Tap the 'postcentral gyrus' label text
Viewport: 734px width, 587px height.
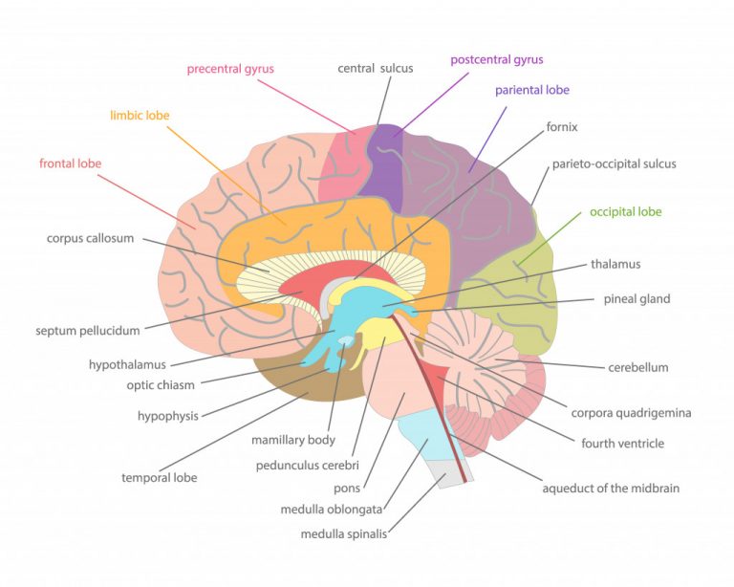point(496,59)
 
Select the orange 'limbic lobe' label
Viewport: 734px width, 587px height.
point(140,116)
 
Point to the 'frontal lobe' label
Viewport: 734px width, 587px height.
point(70,163)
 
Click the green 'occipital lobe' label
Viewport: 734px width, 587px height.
point(625,211)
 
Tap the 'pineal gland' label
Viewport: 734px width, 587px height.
point(637,298)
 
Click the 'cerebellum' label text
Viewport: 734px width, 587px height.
point(637,367)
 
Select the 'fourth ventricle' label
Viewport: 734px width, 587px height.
point(622,444)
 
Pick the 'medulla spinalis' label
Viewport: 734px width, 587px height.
point(347,533)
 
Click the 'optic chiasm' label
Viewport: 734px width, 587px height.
point(161,385)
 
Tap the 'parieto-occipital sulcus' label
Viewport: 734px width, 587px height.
point(614,163)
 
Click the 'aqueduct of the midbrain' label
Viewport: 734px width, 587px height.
point(611,489)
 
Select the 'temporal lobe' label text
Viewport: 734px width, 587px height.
point(159,477)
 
